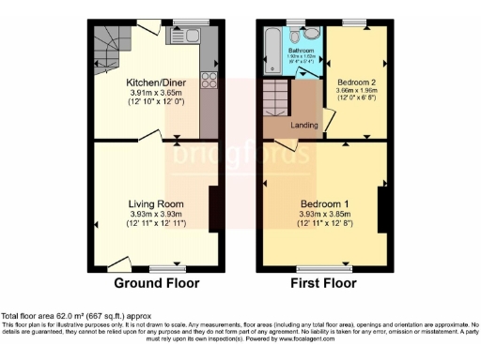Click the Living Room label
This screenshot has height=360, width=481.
pos(155,203)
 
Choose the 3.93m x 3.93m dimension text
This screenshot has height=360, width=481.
pos(155,214)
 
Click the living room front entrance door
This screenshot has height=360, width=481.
pos(118,262)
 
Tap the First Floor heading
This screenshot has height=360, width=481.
pos(325,283)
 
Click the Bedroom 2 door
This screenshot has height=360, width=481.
pos(328,122)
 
